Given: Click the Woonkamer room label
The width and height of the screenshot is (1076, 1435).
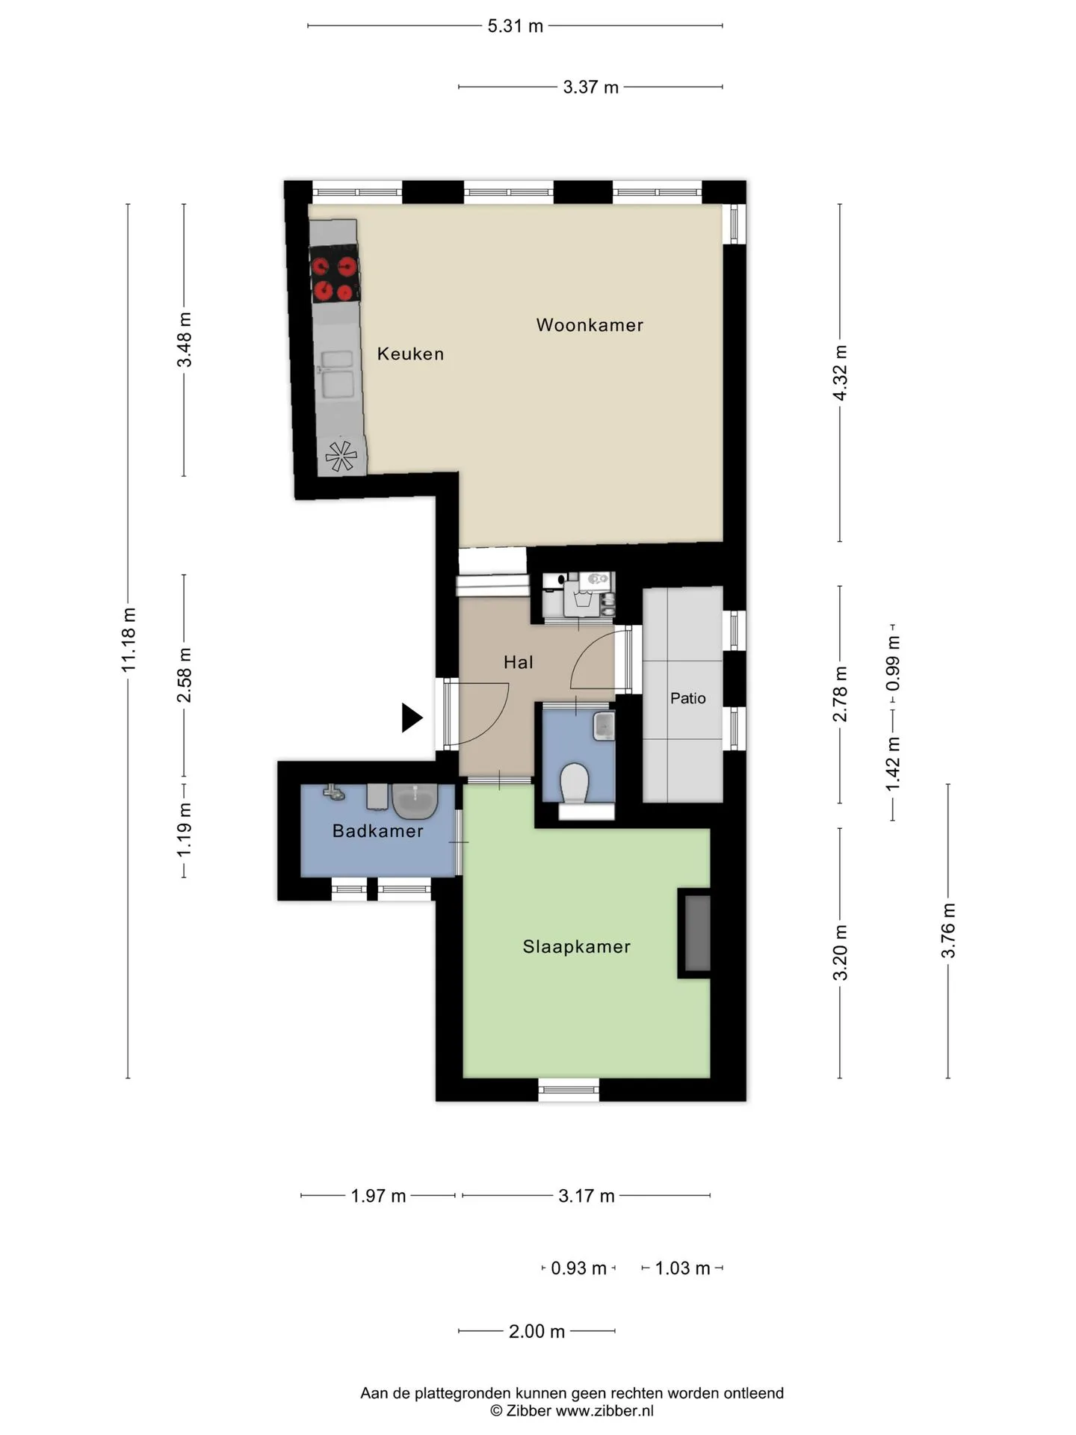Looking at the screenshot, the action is click(590, 325).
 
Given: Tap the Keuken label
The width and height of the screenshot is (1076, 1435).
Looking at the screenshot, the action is click(410, 354).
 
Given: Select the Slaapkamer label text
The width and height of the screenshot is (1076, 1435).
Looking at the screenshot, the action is click(577, 947).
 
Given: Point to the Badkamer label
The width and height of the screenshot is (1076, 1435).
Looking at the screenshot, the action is click(378, 831).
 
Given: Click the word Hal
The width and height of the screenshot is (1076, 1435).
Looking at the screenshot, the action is click(519, 662).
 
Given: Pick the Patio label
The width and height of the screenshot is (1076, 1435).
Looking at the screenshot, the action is click(688, 698).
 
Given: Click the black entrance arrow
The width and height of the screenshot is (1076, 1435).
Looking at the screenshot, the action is click(412, 717).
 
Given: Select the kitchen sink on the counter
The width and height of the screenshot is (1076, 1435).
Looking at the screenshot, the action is click(336, 374).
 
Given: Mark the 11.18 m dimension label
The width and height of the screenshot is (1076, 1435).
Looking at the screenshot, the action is click(129, 639).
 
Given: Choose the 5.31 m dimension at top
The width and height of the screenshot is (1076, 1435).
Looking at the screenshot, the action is click(516, 26).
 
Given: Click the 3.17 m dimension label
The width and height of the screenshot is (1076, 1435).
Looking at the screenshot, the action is click(587, 1196).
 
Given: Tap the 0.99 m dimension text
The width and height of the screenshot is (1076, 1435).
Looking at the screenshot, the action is click(893, 664).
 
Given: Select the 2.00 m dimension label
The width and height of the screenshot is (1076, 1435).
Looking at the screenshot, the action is click(537, 1331).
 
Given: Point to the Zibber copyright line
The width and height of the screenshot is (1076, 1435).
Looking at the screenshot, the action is click(572, 1411).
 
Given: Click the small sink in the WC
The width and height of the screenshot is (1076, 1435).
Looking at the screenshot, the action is click(604, 726).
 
